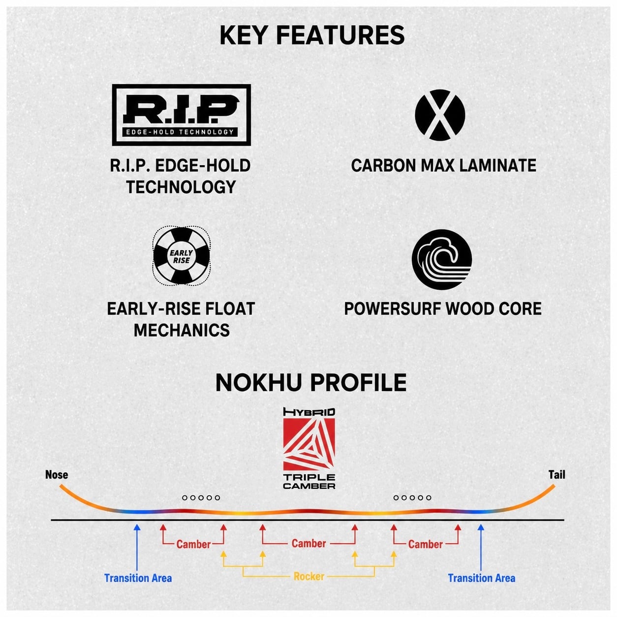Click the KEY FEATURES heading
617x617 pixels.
point(312,35)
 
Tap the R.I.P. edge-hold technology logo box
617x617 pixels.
point(181,115)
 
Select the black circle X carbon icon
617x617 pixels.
point(439,115)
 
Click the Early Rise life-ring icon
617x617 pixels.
point(181,255)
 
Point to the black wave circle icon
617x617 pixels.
point(441,259)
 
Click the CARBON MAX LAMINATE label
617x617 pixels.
point(443,165)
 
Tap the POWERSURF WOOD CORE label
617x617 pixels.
point(443,308)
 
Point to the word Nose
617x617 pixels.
point(57,474)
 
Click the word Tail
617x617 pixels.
point(557,474)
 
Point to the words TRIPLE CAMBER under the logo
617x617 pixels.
point(309,481)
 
